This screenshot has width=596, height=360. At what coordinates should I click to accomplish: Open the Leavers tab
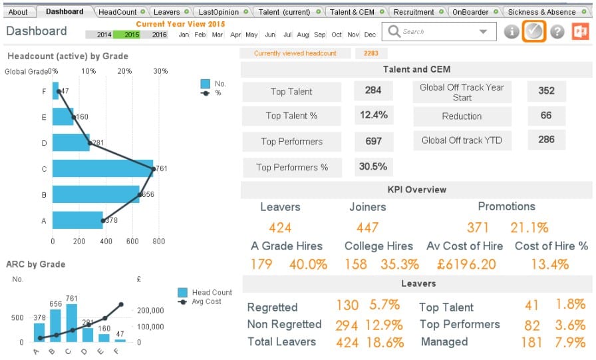[166, 12]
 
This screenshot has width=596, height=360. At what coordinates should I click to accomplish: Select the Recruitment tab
[414, 12]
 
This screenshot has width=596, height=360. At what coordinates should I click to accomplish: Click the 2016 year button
[160, 35]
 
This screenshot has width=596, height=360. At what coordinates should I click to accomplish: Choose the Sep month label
[320, 35]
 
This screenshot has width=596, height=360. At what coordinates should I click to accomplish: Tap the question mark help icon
[557, 32]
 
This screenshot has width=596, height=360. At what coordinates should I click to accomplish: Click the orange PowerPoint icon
[581, 31]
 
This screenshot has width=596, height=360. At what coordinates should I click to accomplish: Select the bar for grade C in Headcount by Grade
[102, 169]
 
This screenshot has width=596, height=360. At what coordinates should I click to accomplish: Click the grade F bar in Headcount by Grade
[56, 91]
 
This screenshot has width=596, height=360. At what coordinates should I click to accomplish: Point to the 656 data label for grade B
[148, 195]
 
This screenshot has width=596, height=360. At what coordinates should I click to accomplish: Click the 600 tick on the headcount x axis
[133, 242]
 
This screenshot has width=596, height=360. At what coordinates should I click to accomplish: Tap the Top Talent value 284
[373, 90]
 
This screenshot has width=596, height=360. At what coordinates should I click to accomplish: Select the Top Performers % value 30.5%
[373, 166]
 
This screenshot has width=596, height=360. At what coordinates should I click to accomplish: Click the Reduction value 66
[545, 116]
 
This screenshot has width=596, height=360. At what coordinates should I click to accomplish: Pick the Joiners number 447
[368, 228]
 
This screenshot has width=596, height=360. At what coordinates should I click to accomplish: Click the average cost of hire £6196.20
[466, 264]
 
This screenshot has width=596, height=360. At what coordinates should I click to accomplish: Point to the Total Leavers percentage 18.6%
[385, 342]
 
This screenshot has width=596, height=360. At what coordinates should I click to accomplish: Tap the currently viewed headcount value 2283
[371, 53]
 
